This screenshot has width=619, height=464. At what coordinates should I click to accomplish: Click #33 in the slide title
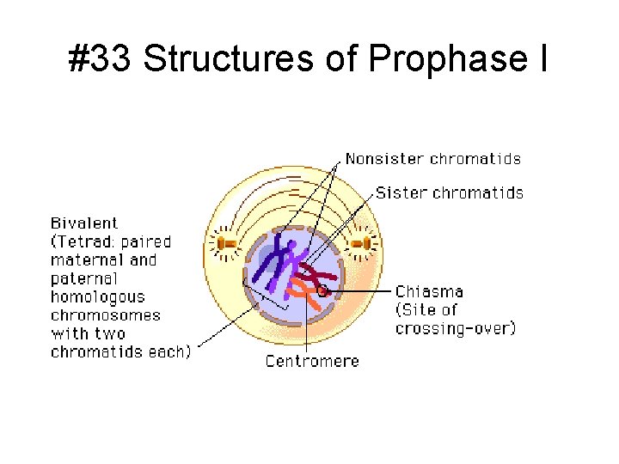tap(101, 59)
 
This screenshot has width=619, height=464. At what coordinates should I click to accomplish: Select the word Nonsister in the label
tap(384, 158)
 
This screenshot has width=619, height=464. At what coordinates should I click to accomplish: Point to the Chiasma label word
tap(429, 292)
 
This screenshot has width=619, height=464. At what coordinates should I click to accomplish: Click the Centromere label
tap(312, 361)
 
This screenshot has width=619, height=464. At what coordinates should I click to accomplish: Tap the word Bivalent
tap(84, 223)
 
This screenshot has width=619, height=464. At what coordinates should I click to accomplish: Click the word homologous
tap(96, 297)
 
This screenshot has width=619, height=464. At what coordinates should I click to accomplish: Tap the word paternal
tap(83, 278)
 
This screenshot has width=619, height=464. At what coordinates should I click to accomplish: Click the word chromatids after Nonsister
tap(475, 158)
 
